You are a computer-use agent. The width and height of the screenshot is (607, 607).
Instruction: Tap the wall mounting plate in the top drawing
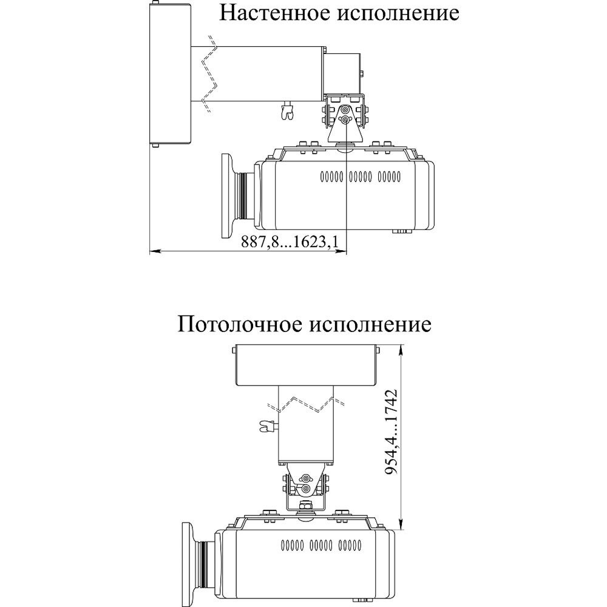point(171,74)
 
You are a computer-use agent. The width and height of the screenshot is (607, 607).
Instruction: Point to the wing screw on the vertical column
point(266,426)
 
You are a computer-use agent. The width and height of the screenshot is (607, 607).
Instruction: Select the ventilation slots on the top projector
point(360,177)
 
